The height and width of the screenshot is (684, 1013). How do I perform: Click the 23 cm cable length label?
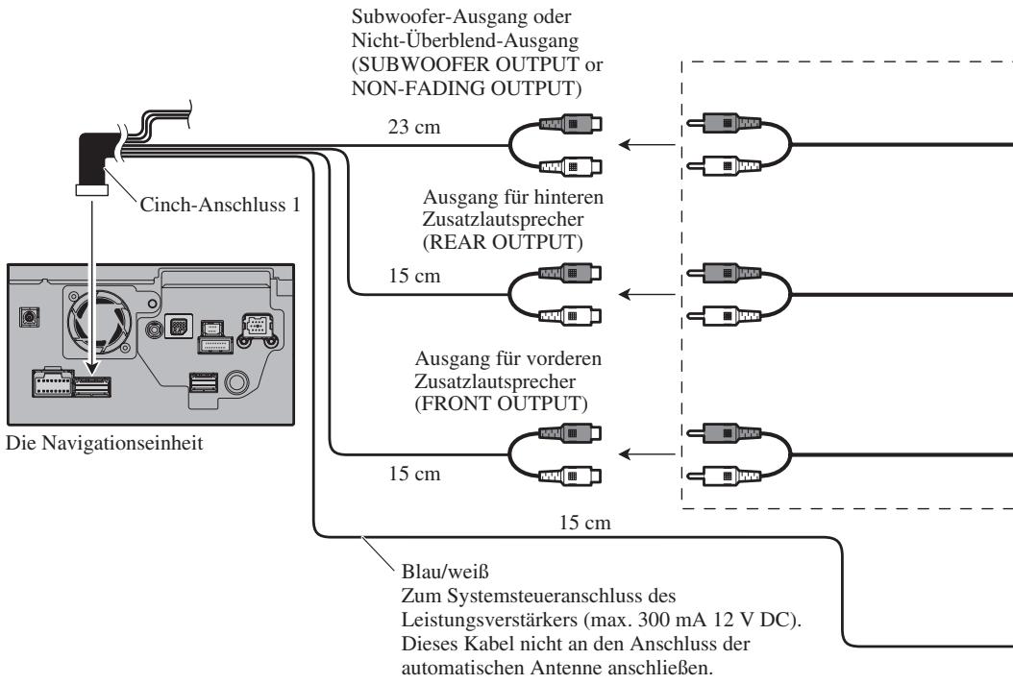click(x=414, y=127)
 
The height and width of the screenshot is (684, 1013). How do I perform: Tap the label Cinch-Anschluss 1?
click(x=220, y=205)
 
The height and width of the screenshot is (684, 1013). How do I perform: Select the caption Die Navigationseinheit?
click(x=104, y=443)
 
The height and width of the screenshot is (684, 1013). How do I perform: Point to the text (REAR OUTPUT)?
click(x=503, y=242)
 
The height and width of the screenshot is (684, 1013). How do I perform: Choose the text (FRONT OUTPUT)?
click(x=502, y=403)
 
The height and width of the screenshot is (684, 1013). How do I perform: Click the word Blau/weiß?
click(x=445, y=572)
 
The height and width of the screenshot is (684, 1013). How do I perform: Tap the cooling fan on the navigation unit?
click(x=100, y=322)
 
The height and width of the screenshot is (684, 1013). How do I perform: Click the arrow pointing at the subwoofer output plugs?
click(x=647, y=144)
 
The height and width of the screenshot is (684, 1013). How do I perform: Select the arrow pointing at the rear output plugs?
click(x=647, y=295)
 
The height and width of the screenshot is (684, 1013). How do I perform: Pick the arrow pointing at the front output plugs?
click(x=647, y=454)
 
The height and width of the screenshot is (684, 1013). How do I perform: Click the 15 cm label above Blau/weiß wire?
click(x=584, y=523)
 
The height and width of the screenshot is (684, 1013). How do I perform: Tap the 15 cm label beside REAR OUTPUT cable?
click(x=414, y=276)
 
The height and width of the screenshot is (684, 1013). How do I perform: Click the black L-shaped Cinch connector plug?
click(x=93, y=161)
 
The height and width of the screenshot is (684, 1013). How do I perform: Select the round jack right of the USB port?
click(x=236, y=381)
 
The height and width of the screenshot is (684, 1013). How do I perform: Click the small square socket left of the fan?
click(x=29, y=317)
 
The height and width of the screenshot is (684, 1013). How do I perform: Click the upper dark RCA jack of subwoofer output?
click(x=572, y=123)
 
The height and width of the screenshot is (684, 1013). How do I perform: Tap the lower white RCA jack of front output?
click(x=572, y=476)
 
